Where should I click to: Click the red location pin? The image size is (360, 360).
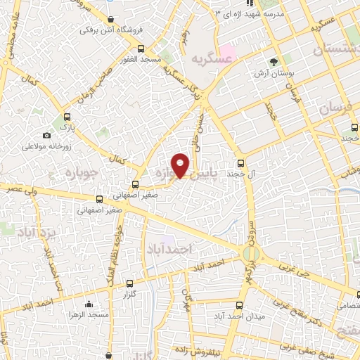click(181, 165)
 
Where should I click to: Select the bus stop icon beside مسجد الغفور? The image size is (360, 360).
click(141, 49)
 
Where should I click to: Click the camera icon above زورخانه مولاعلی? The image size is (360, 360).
click(47, 135)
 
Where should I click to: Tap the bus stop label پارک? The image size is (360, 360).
click(66, 128)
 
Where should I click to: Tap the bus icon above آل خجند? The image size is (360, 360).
click(241, 161)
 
